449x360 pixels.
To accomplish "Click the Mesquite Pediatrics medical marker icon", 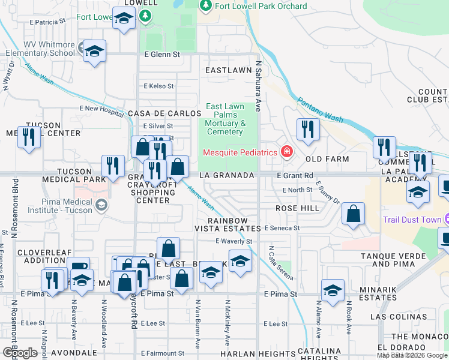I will click(x=287, y=151).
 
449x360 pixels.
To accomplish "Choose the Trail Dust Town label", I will click(x=412, y=220).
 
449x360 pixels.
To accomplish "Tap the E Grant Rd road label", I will click(x=295, y=175).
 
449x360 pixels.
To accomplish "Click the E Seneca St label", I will click(x=282, y=229).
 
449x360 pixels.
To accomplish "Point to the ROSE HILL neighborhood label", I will click(x=297, y=208).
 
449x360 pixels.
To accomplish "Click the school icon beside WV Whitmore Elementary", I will click(x=95, y=52).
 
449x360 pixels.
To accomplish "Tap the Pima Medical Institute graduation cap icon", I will click(x=101, y=205).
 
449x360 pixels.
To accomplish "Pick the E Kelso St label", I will click(x=158, y=86).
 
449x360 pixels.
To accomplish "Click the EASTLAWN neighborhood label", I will click(x=228, y=70).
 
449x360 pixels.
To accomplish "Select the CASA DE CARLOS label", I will click(x=164, y=113).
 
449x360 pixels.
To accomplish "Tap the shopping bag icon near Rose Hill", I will click(x=354, y=213).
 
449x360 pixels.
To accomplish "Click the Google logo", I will click(x=20, y=352).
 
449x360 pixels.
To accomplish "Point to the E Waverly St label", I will click(x=234, y=241).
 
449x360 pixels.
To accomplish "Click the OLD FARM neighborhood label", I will click(x=327, y=160).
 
